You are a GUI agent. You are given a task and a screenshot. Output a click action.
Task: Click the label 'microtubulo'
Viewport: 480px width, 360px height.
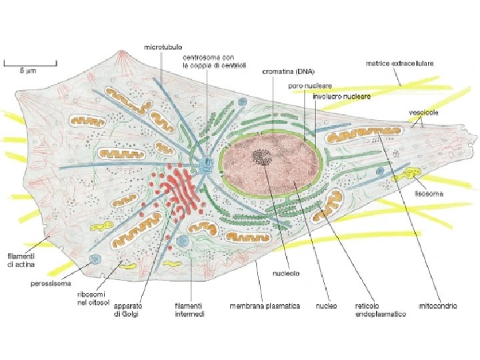[163, 49]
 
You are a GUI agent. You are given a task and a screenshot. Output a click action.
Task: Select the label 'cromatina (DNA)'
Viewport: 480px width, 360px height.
[287, 71]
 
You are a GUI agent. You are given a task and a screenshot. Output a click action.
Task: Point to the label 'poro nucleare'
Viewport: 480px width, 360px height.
[305, 86]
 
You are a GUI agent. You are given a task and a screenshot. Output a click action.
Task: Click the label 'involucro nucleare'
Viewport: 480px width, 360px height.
[341, 96]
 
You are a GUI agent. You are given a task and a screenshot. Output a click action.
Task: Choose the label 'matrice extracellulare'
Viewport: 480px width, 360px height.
[399, 64]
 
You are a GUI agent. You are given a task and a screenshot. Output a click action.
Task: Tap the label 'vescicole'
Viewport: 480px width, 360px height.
[423, 113]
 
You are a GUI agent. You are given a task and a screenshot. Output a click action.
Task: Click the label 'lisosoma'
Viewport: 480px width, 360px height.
[430, 195]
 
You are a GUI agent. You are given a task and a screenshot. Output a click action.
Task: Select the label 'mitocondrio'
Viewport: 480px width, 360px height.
[437, 306]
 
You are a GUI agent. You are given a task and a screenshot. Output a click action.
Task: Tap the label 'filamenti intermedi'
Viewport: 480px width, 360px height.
[189, 310]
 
